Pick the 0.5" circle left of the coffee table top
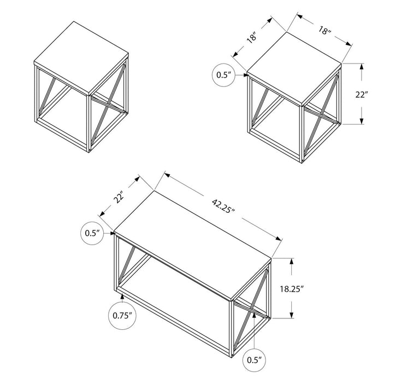(x=93, y=233)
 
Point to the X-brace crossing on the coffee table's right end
(x=251, y=307)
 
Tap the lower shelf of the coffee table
(x=175, y=293)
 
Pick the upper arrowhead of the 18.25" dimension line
(x=293, y=262)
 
